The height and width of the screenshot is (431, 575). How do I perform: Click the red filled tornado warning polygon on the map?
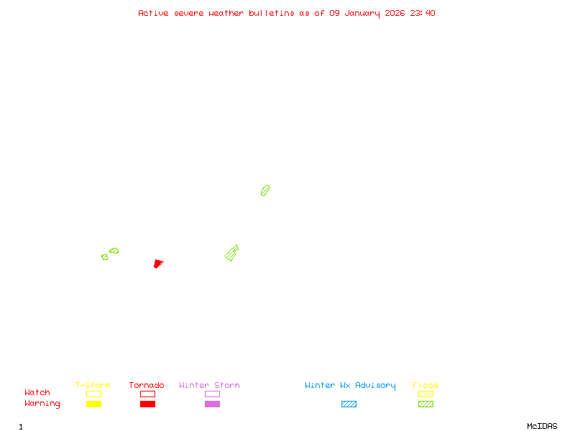[x=158, y=264]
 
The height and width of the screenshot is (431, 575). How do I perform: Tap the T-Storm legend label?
[x=93, y=386]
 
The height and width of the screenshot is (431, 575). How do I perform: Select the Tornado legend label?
[x=147, y=386]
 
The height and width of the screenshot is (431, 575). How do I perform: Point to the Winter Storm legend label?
[x=209, y=386]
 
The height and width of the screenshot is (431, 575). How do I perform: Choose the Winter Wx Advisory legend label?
[x=350, y=386]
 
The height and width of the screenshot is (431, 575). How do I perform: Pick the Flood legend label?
[x=425, y=386]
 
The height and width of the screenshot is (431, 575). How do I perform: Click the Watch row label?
[x=37, y=393]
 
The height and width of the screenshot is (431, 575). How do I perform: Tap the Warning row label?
[x=42, y=404]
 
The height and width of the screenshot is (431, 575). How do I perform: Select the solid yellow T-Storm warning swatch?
[x=93, y=404]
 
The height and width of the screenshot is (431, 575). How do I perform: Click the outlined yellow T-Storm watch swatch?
[x=93, y=394]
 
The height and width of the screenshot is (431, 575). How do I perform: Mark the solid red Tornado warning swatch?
[x=147, y=404]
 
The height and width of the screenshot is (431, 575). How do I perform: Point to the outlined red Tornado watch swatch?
[x=147, y=394]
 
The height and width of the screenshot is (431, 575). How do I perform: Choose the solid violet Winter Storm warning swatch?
[x=212, y=404]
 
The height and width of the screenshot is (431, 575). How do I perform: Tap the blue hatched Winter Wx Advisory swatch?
[x=349, y=404]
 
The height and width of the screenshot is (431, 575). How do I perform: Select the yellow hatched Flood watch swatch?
[x=425, y=394]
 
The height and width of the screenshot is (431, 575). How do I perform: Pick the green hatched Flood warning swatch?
[x=425, y=404]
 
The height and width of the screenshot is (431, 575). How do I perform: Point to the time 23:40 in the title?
[x=422, y=13]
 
